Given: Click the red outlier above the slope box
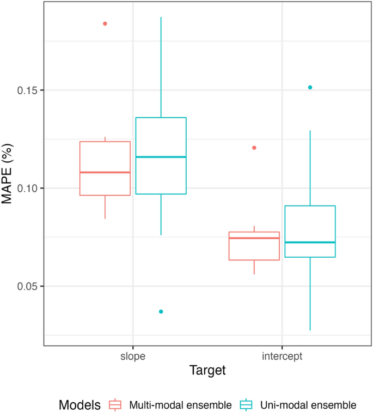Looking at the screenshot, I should tap(105, 23).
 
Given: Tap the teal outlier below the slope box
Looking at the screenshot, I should tap(161, 312).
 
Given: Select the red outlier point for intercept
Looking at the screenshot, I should tap(254, 148).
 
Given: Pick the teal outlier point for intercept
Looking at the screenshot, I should tap(310, 87).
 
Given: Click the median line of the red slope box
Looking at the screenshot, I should tap(105, 172).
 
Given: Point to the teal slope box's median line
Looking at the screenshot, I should tap(161, 157).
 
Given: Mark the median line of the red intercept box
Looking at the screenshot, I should tap(254, 238).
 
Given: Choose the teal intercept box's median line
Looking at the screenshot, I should tap(310, 242).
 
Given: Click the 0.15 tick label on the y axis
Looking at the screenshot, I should tap(26, 90).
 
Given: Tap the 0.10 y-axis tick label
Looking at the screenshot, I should tap(26, 188).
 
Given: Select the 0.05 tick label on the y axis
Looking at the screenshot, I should tap(26, 286).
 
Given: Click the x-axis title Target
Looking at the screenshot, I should tap(207, 371).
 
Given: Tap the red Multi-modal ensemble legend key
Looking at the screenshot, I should tap(115, 404).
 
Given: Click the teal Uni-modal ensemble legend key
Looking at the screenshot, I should tap(244, 404).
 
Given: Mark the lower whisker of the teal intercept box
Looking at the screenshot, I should tap(310, 294).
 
